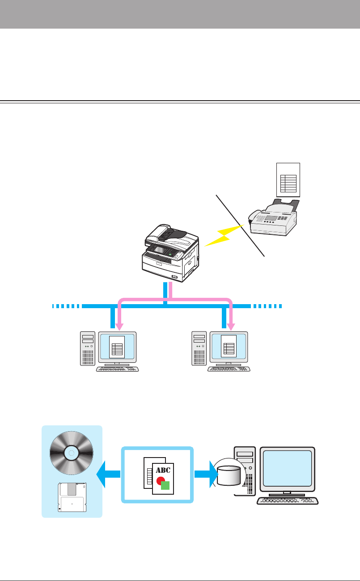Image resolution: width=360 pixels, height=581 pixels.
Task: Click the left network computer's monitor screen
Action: pyautogui.click(x=118, y=345)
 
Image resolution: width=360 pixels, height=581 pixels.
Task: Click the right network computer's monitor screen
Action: pyautogui.click(x=229, y=345)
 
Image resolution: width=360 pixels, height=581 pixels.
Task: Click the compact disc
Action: pyautogui.click(x=72, y=453)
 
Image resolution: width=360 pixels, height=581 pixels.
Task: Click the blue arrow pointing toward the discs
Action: pyautogui.click(x=107, y=475)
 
